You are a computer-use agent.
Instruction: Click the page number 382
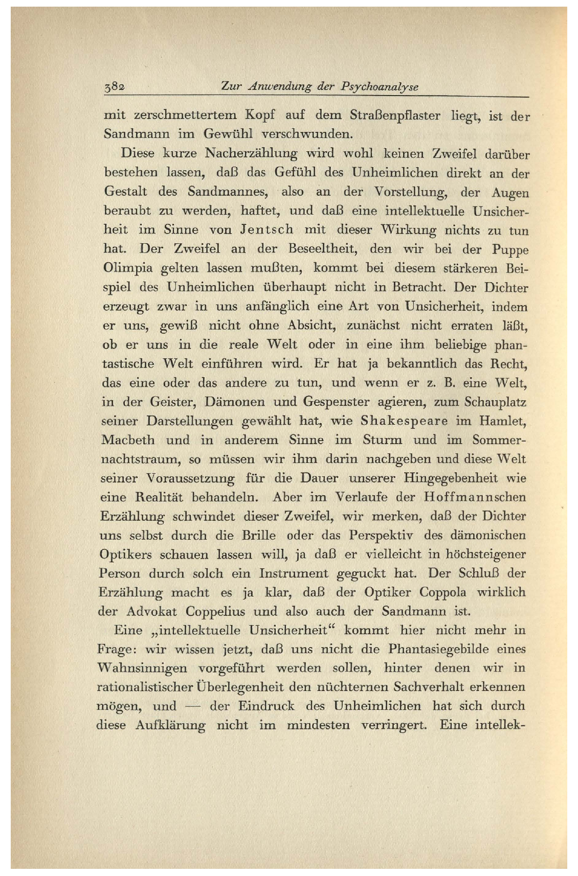click(115, 86)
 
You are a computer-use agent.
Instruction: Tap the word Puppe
click(510, 250)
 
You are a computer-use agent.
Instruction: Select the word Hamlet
click(503, 421)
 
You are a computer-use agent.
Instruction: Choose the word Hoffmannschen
click(475, 497)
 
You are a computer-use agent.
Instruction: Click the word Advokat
click(151, 611)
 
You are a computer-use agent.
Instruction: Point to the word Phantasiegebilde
click(436, 650)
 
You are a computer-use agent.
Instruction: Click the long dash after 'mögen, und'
click(193, 706)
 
